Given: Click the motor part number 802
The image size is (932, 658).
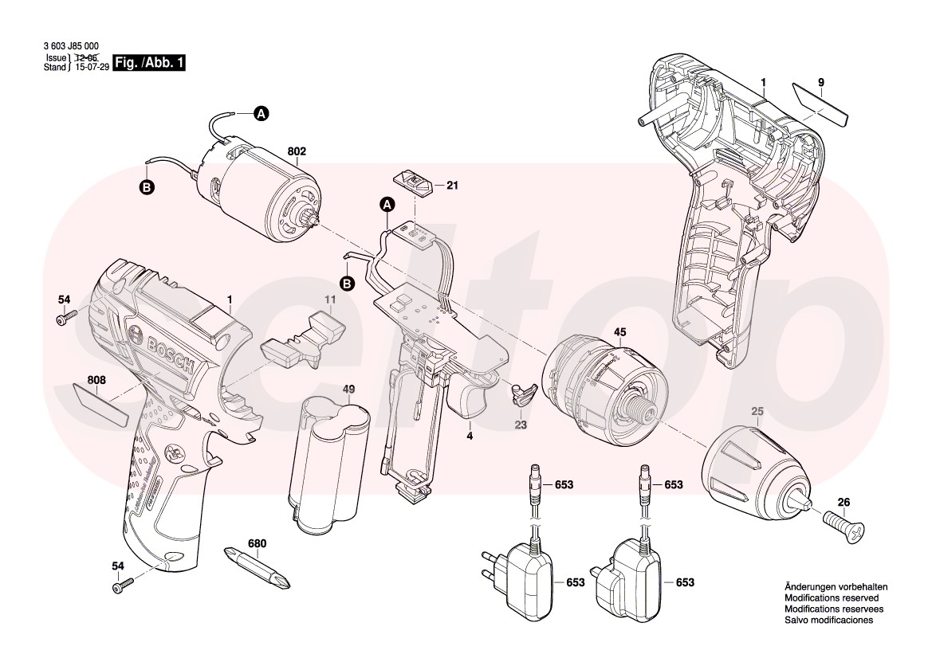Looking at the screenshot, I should [297, 151].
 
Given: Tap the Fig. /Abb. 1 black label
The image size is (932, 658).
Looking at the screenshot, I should [150, 63].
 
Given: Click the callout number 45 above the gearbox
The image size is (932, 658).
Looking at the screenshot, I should [619, 332].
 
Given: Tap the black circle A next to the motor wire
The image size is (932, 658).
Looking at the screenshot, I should [261, 115].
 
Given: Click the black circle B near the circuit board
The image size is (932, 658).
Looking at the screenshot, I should [347, 283].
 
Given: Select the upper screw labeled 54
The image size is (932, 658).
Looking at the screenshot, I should [64, 319].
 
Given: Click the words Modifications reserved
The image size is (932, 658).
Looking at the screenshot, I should [831, 597].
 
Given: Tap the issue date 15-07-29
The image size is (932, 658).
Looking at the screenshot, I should [91, 68].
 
